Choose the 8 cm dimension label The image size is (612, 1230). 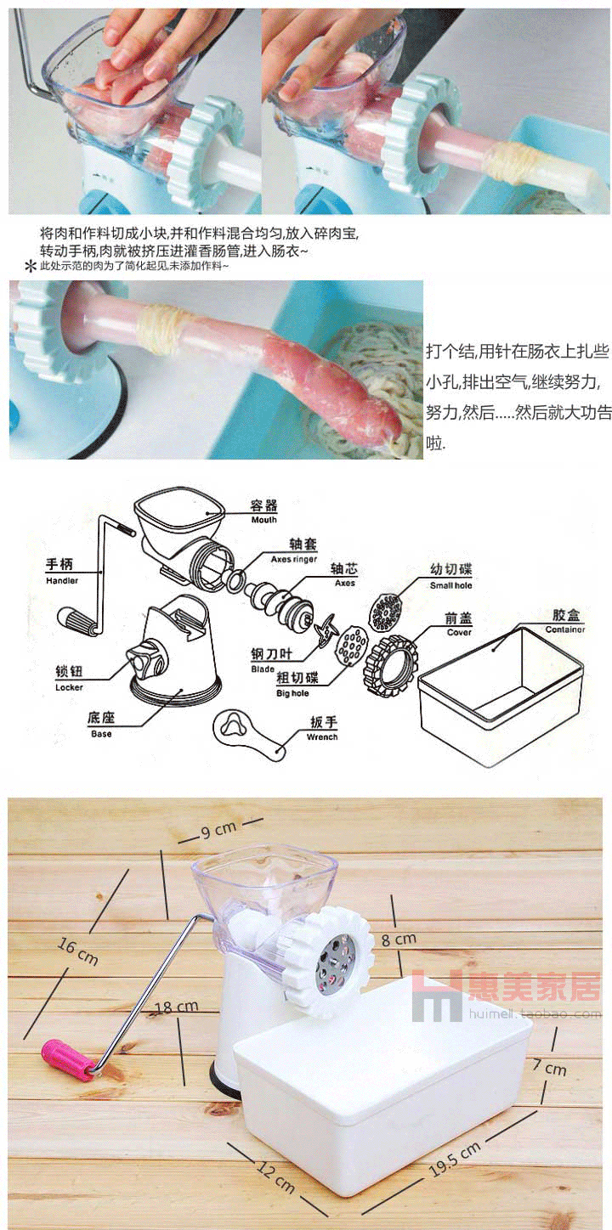pyautogui.click(x=399, y=939)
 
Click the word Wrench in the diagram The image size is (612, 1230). pyautogui.click(x=322, y=737)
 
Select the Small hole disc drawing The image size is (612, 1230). pyautogui.click(x=384, y=612)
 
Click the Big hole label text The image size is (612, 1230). pyautogui.click(x=292, y=693)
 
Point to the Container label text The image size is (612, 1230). pyautogui.click(x=564, y=629)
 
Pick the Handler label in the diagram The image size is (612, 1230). pyautogui.click(x=62, y=580)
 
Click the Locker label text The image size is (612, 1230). pyautogui.click(x=69, y=687)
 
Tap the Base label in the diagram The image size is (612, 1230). pyautogui.click(x=101, y=734)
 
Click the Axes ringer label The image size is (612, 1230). pyautogui.click(x=294, y=559)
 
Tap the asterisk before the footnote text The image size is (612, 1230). pyautogui.click(x=31, y=268)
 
